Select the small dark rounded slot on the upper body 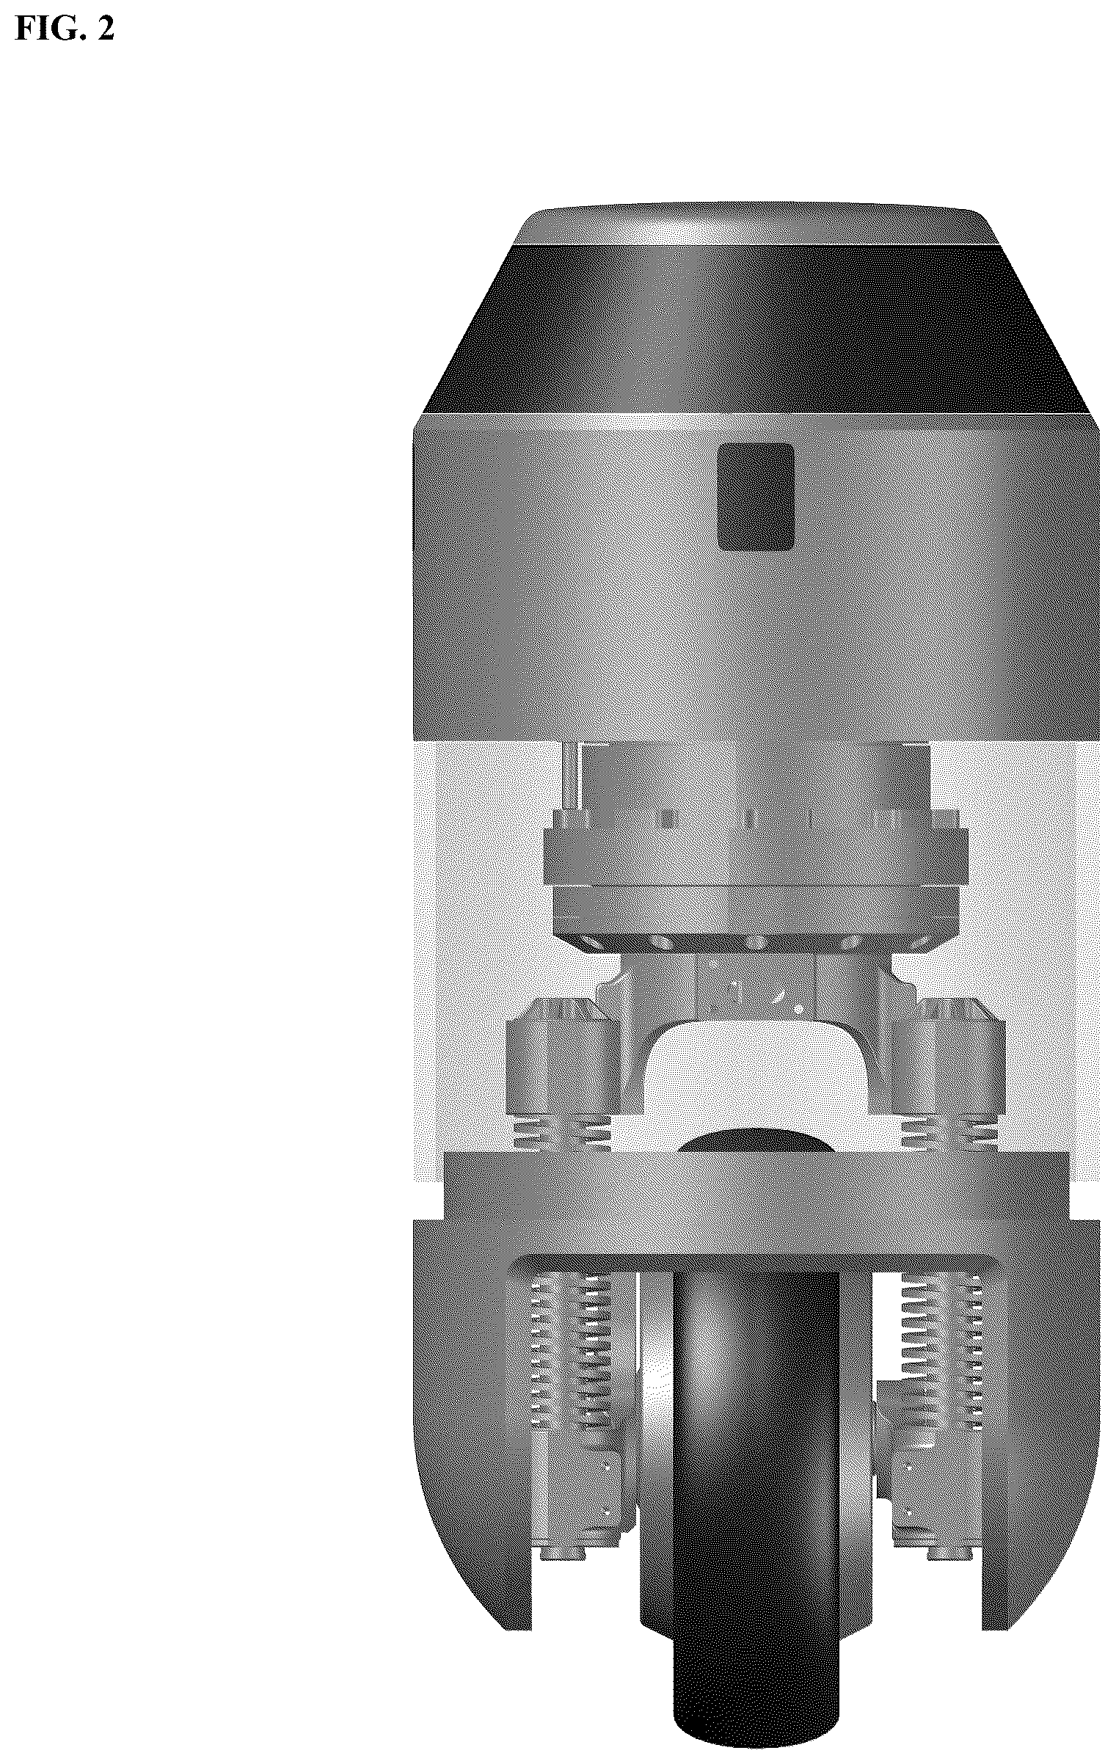756,497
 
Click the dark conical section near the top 756,328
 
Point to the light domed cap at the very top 757,223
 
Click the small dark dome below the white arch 756,1140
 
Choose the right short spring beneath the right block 952,1134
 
